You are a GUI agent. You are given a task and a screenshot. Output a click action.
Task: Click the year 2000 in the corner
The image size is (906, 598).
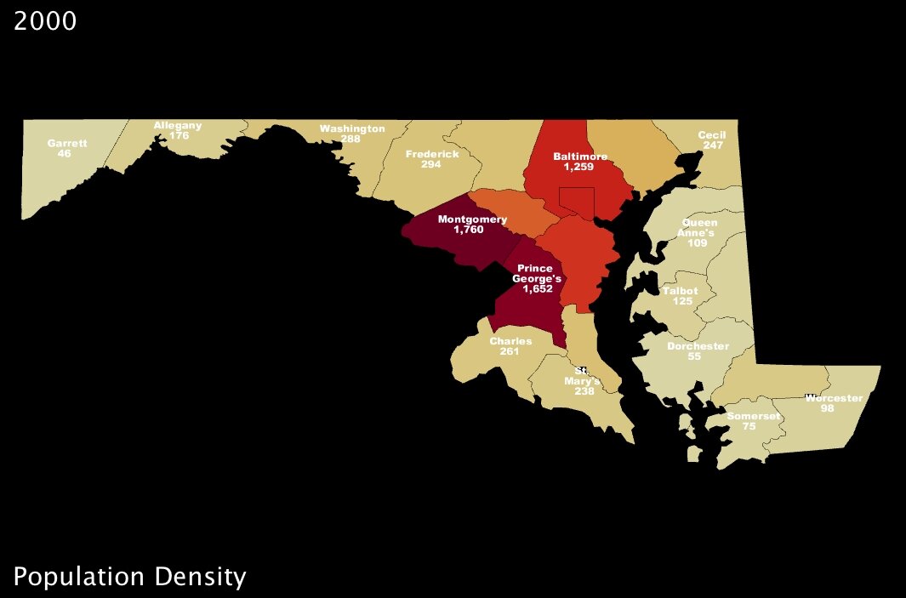pyautogui.click(x=45, y=21)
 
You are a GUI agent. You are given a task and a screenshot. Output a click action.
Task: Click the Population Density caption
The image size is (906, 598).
pyautogui.click(x=129, y=577)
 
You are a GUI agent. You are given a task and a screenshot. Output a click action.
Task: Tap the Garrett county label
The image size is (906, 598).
pyautogui.click(x=67, y=143)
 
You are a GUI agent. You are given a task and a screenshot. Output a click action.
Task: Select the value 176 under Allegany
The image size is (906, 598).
pyautogui.click(x=179, y=135)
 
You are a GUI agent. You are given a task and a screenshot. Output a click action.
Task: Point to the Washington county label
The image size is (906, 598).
pyautogui.click(x=352, y=128)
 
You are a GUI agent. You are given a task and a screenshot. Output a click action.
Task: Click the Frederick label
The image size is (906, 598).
pyautogui.click(x=432, y=154)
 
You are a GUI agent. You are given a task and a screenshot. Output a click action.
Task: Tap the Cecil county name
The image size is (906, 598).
pyautogui.click(x=711, y=135)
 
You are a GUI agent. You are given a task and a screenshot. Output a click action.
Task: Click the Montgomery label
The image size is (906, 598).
pyautogui.click(x=472, y=219)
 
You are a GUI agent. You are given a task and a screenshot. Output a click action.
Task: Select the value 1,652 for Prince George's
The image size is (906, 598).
pyautogui.click(x=538, y=289)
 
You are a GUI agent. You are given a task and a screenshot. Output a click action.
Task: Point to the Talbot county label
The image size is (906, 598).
pyautogui.click(x=680, y=291)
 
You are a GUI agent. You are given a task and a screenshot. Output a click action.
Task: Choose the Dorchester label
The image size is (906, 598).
pyautogui.click(x=698, y=346)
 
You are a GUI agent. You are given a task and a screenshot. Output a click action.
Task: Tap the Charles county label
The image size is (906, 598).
pyautogui.click(x=510, y=341)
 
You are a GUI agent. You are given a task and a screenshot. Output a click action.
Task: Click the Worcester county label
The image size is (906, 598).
pyautogui.click(x=834, y=398)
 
